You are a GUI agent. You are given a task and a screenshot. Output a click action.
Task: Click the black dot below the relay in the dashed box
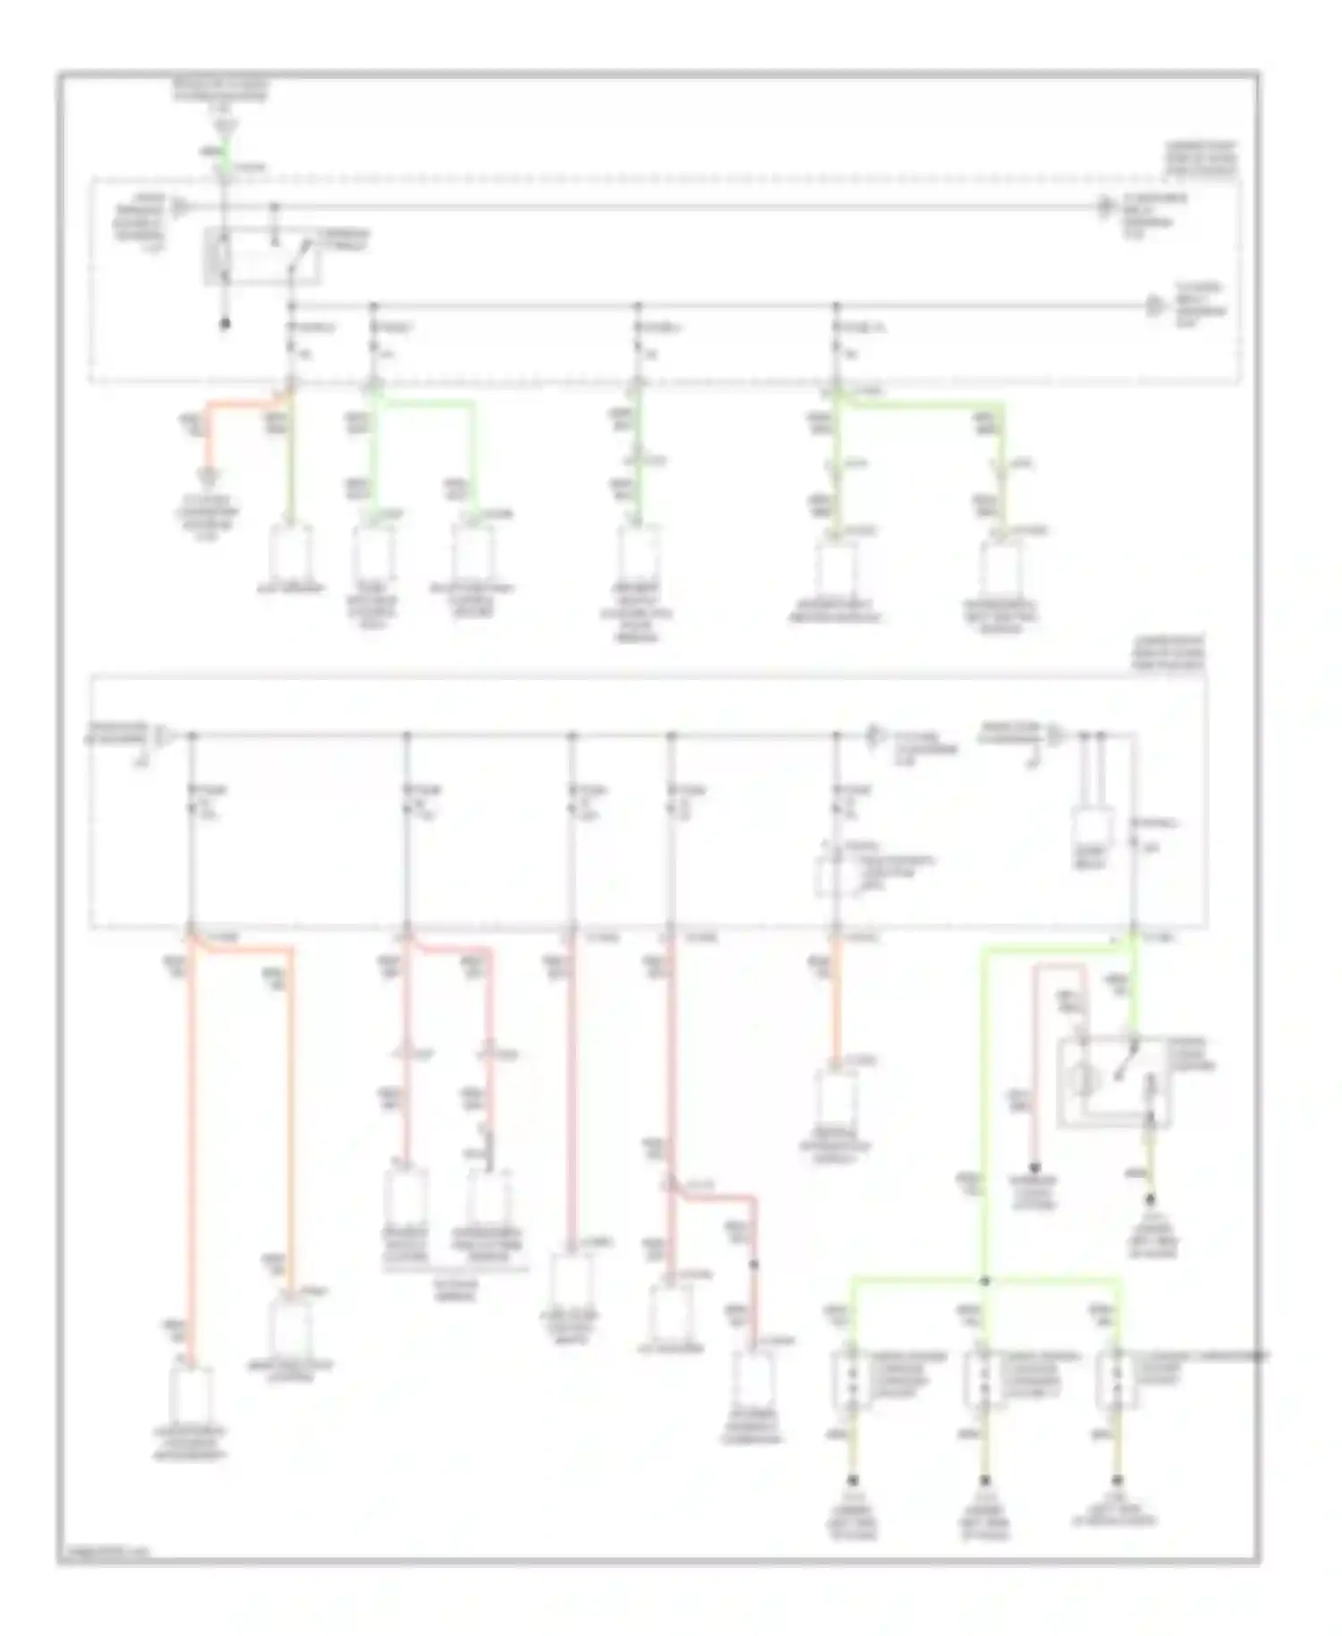(x=225, y=324)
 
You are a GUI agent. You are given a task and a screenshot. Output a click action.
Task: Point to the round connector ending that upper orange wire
(x=209, y=475)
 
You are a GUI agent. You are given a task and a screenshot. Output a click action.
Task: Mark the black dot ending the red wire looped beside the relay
(x=1034, y=1167)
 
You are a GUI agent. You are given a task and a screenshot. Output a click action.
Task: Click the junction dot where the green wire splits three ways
(x=984, y=1281)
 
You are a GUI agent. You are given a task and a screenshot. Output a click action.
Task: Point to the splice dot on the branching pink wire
(x=754, y=1265)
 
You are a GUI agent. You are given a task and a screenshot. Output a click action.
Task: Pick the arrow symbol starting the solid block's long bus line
(x=166, y=737)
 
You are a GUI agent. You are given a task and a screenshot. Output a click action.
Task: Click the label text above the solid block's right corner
(x=1168, y=654)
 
